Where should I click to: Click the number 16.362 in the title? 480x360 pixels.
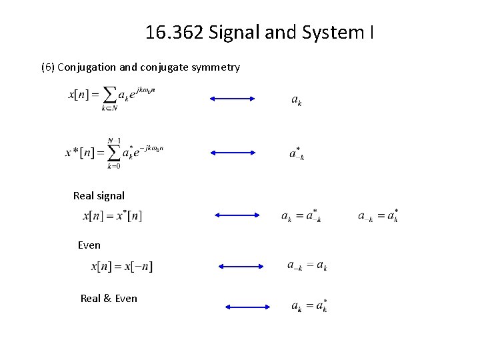click(x=175, y=32)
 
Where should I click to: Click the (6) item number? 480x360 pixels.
click(x=48, y=67)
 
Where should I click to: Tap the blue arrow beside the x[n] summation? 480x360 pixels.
click(x=232, y=99)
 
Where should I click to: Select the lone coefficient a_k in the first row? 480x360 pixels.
click(x=297, y=100)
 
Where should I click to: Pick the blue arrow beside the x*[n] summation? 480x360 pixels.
click(x=233, y=153)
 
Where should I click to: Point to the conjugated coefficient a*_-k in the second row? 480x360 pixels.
click(x=297, y=153)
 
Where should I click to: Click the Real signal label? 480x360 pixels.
click(x=99, y=195)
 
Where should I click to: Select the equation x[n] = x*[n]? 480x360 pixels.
click(x=112, y=216)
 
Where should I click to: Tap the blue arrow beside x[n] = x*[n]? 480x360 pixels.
click(x=237, y=215)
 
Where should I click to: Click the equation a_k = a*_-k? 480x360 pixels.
click(x=301, y=215)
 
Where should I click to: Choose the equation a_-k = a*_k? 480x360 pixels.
click(x=378, y=215)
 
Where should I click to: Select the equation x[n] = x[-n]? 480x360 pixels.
click(x=121, y=267)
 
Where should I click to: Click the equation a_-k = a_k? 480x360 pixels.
click(x=307, y=266)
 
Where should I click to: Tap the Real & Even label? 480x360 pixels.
click(x=109, y=298)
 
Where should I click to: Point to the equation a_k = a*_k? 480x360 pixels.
click(x=309, y=306)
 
